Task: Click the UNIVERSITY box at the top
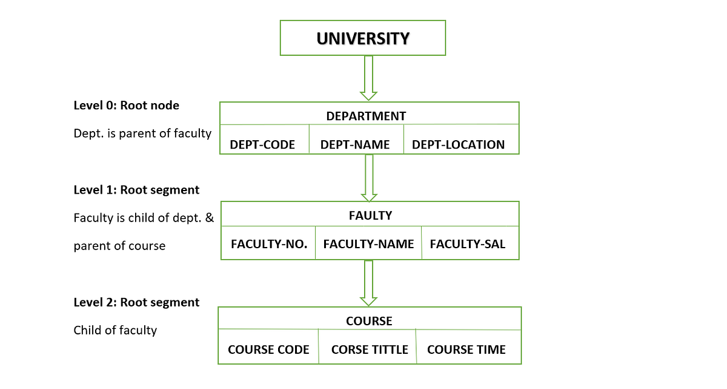coord(362,39)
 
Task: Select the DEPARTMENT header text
coord(366,116)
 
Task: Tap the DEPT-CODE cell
coord(262,144)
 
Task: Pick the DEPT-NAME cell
coord(355,144)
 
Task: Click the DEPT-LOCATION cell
coord(458,144)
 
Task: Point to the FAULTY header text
coord(370,215)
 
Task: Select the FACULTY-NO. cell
coord(269,244)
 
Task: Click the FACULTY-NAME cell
coord(368,244)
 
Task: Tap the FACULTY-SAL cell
coord(467,244)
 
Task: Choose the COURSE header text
coord(369,321)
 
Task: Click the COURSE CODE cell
coord(268,350)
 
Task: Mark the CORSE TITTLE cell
coord(370,350)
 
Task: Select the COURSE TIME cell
coord(466,350)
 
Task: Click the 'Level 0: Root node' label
coord(126,106)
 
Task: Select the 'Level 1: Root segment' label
coord(136,190)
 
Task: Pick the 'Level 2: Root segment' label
coord(136,302)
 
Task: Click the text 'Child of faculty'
coord(115,330)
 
